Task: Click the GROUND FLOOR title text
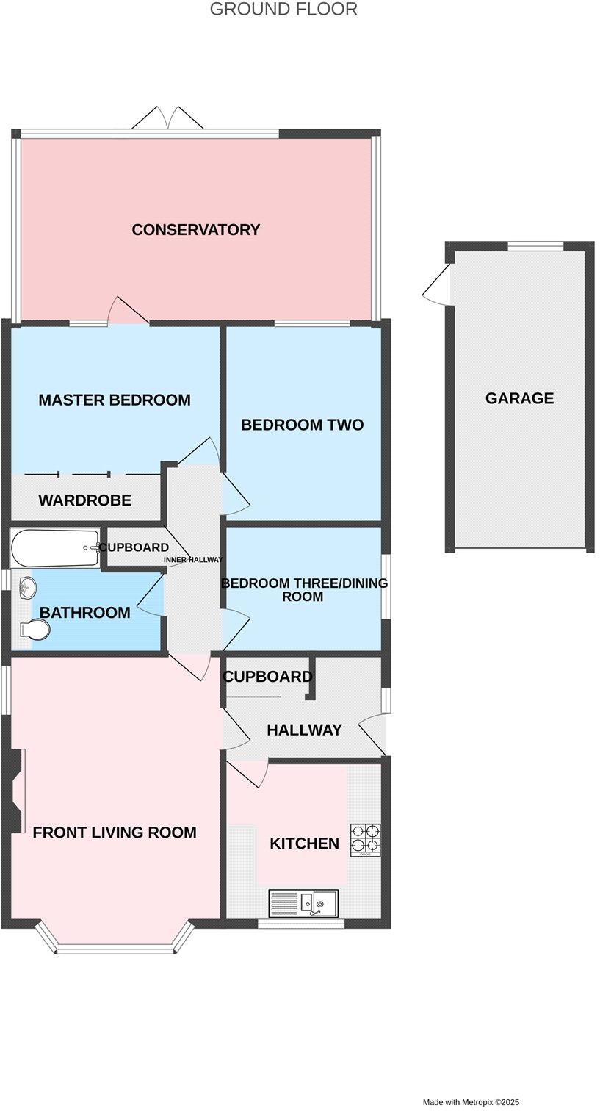coord(283,10)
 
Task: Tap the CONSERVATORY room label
coord(195,230)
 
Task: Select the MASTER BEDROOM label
coord(114,400)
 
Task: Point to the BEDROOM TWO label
coord(302,425)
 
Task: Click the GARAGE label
coord(519,398)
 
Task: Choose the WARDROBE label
coord(84,500)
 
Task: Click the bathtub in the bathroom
coord(55,548)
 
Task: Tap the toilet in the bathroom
coord(35,630)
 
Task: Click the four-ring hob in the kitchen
coord(365,839)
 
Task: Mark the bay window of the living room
coord(115,946)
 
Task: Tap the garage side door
coord(438,285)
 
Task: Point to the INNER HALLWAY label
coord(192,560)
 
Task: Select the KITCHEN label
coord(304,844)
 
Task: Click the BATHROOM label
coord(84,613)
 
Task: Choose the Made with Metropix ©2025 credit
coord(470,1102)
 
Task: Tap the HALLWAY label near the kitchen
coord(304,730)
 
